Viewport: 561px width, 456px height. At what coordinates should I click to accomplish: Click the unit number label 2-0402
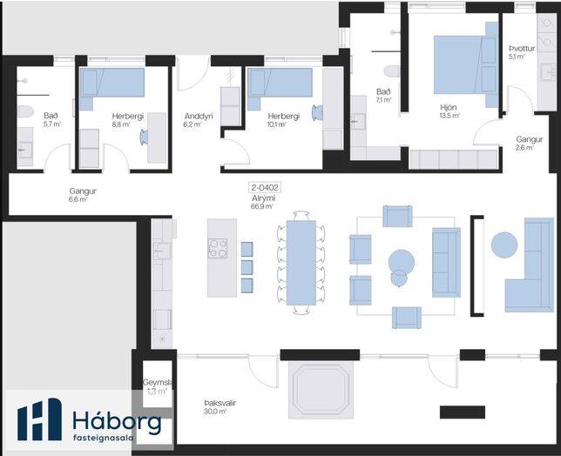(x=265, y=187)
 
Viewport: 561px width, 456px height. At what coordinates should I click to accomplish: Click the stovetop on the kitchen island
(x=218, y=248)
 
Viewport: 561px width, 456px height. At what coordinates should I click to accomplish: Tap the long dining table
(x=301, y=263)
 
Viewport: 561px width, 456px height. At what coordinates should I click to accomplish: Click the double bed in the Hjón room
(x=466, y=64)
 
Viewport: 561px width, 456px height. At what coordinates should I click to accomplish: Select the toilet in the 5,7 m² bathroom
(x=25, y=111)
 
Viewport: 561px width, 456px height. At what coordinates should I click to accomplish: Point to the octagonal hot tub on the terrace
(x=321, y=390)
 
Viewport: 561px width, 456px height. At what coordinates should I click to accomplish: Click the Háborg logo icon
(x=40, y=419)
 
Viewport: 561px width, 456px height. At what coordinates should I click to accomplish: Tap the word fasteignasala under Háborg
(x=104, y=438)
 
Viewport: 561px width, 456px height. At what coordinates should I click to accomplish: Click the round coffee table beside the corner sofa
(x=504, y=245)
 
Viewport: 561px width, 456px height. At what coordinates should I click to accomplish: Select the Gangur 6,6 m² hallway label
(x=83, y=195)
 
